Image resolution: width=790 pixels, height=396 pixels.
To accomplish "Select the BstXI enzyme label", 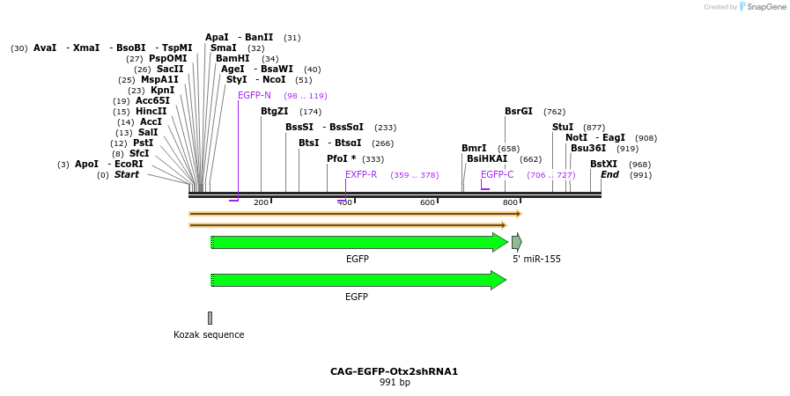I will (x=603, y=165).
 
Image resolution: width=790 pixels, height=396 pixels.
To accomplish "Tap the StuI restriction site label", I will (x=563, y=128).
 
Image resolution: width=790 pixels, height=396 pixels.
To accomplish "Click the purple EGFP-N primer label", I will (x=255, y=95).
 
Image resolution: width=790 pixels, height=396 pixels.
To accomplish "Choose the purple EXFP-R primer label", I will (x=361, y=175).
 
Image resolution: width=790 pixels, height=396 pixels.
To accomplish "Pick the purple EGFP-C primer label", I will (x=498, y=175).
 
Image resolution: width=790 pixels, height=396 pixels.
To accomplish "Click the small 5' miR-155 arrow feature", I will (x=517, y=242).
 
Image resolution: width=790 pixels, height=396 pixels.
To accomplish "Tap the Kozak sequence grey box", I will (x=210, y=318).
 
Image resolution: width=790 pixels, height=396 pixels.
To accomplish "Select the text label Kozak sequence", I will (x=209, y=334).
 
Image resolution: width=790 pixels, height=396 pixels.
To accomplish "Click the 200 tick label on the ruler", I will (x=261, y=203).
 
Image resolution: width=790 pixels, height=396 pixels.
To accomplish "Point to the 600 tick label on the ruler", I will (x=427, y=203).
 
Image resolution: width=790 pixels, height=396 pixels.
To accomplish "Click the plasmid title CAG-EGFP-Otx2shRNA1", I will (x=394, y=371).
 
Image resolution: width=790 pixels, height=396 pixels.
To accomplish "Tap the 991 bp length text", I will (x=395, y=383).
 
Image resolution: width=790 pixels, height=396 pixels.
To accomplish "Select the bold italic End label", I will (x=609, y=175).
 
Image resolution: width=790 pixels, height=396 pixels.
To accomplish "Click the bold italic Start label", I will (x=126, y=175).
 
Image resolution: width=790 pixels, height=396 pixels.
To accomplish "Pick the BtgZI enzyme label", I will (x=274, y=112).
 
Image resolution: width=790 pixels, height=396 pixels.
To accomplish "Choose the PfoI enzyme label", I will (x=342, y=159).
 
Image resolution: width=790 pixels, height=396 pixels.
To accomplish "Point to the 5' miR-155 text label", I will (x=536, y=260).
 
